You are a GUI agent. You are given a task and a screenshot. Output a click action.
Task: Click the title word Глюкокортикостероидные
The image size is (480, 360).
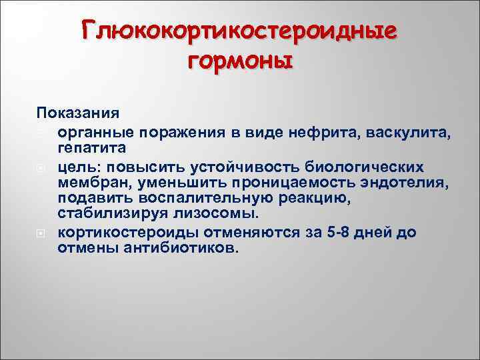240,30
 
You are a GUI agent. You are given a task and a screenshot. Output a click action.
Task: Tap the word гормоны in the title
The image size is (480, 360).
240,62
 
